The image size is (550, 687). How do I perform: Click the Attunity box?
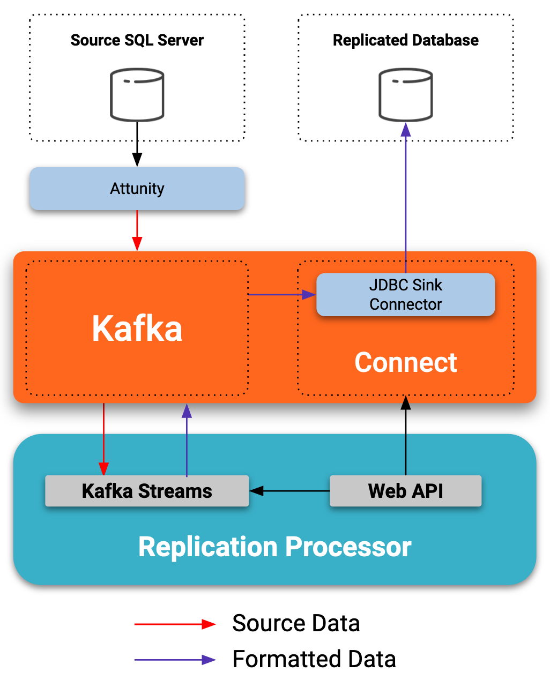point(137,189)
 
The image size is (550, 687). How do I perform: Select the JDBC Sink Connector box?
point(405,295)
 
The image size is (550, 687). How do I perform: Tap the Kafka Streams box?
point(147,491)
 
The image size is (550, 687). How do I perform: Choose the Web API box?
point(405,491)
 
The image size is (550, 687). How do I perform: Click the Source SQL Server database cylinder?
point(137,95)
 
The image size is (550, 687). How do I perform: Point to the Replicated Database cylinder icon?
point(406,95)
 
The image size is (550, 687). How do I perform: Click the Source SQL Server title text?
point(137,40)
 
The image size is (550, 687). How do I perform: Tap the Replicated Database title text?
point(406,40)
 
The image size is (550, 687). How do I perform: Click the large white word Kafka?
point(137,328)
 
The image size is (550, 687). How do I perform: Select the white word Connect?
point(406,362)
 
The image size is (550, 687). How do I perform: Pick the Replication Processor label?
point(274,547)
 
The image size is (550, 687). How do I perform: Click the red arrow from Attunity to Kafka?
point(137,229)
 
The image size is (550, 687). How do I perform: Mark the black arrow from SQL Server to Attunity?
point(137,144)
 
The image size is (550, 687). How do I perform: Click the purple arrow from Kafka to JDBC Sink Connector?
point(281,294)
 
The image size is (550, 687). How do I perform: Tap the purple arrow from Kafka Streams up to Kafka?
point(187,439)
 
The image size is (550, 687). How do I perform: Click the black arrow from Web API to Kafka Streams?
point(289,491)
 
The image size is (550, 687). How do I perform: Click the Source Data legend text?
point(296,623)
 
